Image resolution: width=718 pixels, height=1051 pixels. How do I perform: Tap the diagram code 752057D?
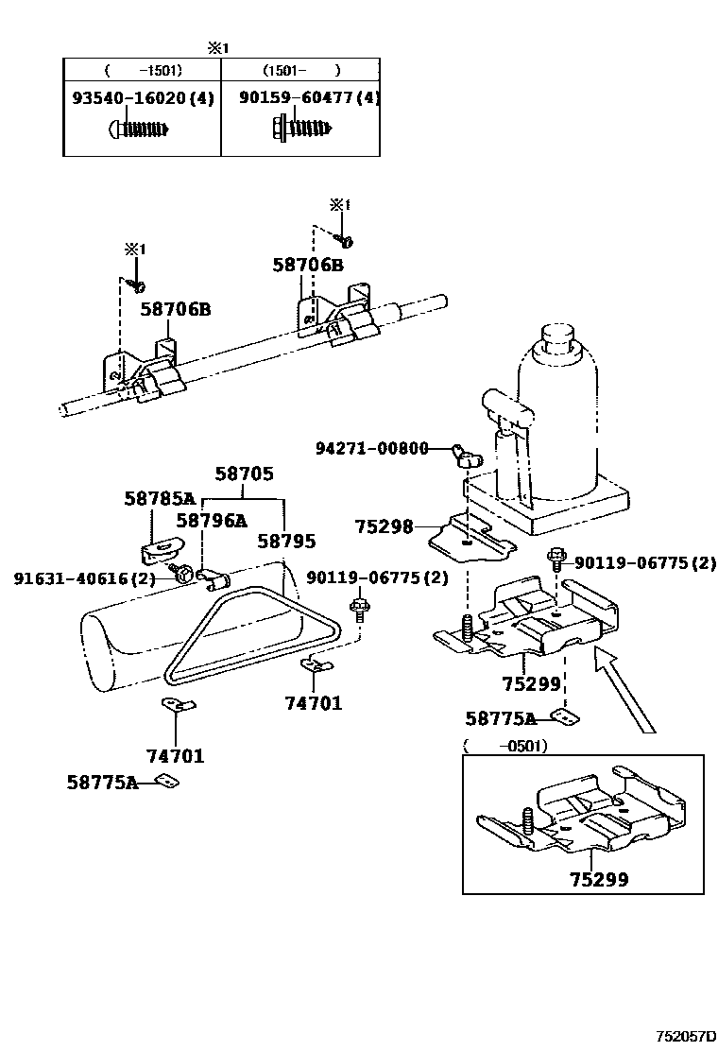coord(687,1036)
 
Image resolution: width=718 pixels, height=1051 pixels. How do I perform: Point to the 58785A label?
coord(159,498)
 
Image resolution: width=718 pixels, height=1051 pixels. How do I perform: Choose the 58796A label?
coord(211,519)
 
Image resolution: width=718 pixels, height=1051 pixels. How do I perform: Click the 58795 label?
coord(286,541)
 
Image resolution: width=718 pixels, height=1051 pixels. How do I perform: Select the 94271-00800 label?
coord(371,448)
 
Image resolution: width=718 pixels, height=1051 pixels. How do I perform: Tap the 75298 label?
coord(384,526)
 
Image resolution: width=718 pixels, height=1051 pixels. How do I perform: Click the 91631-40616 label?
coord(83,578)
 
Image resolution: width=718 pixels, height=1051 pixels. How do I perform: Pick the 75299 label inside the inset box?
coord(598,879)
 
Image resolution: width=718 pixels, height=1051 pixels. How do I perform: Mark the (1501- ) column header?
coord(300,69)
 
